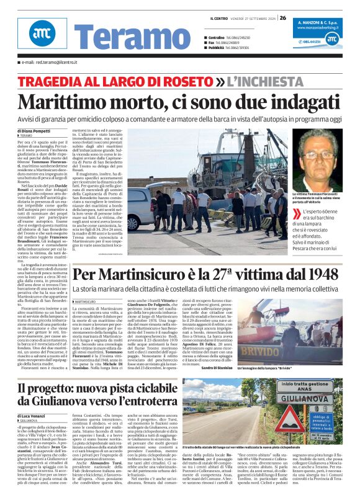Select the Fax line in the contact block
click(230, 43)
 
